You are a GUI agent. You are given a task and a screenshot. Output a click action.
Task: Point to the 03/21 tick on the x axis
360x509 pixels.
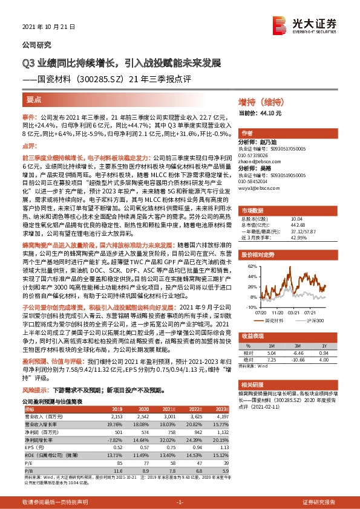coord(295,313)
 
